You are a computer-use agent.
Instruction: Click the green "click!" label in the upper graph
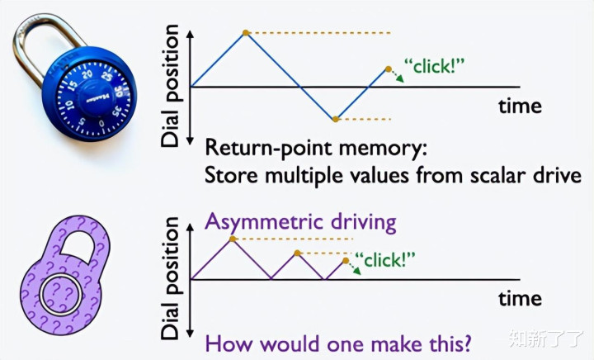pos(434,66)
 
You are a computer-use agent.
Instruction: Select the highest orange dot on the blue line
pos(246,33)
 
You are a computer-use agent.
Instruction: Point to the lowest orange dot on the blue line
pos(335,119)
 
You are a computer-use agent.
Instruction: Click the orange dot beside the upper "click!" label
pos(389,69)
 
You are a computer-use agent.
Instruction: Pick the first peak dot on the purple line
pos(233,239)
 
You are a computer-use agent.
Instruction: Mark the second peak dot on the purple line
pos(297,253)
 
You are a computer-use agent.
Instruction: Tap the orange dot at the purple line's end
pos(346,261)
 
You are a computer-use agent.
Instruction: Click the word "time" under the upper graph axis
pos(520,106)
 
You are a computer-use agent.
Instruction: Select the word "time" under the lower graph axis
pos(520,298)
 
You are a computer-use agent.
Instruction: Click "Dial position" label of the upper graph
pos(169,86)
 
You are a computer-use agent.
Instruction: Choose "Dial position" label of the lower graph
pos(169,278)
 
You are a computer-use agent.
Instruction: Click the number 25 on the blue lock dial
pos(106,77)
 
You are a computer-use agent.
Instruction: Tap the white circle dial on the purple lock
pos(60,295)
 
